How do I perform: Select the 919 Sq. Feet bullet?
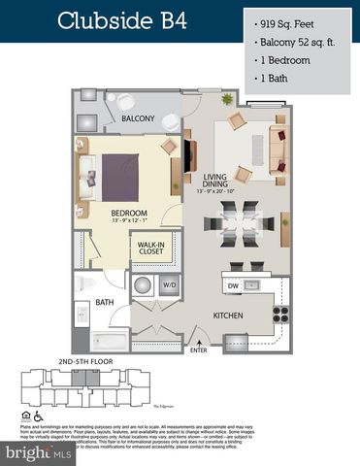coord(292,19)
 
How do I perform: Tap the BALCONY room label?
coord(138,118)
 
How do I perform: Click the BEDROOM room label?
coord(128,213)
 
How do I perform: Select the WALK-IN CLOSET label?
coord(151,249)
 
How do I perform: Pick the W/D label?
coord(170,285)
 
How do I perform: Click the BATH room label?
coord(105,302)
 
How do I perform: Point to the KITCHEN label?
coord(228,316)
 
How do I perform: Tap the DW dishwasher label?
coord(233,285)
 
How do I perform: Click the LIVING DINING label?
coord(215,179)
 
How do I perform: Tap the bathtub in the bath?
coord(101,341)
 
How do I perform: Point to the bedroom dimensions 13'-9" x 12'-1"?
coord(128,221)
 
